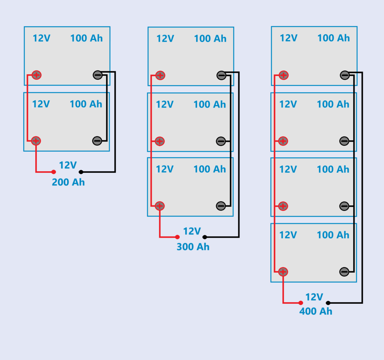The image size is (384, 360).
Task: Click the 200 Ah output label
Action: [68, 182]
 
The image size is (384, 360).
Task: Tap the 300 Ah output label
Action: [193, 247]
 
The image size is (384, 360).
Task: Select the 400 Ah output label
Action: [316, 311]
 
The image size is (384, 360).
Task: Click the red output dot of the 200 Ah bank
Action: [54, 172]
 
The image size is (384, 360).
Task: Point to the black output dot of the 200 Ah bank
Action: [81, 172]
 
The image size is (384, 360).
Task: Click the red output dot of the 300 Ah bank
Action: [177, 237]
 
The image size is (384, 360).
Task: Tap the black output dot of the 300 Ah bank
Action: [204, 237]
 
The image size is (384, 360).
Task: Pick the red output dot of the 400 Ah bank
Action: [300, 303]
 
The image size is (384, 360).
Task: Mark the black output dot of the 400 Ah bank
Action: [328, 303]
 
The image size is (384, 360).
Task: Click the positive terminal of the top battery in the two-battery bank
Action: [36, 75]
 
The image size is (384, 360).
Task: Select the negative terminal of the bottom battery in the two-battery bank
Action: [97, 141]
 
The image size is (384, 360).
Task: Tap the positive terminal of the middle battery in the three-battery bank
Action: [160, 141]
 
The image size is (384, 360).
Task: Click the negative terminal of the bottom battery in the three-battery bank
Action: [221, 206]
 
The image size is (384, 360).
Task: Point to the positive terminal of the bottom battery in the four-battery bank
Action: [283, 272]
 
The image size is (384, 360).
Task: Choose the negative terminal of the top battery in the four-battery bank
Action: [345, 75]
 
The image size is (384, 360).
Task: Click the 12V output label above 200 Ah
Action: [68, 165]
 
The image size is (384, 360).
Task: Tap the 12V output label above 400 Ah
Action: [314, 297]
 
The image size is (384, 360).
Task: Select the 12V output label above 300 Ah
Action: [192, 231]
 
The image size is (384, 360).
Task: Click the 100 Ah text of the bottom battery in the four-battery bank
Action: [333, 235]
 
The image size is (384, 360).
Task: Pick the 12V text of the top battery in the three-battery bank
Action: [165, 39]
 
